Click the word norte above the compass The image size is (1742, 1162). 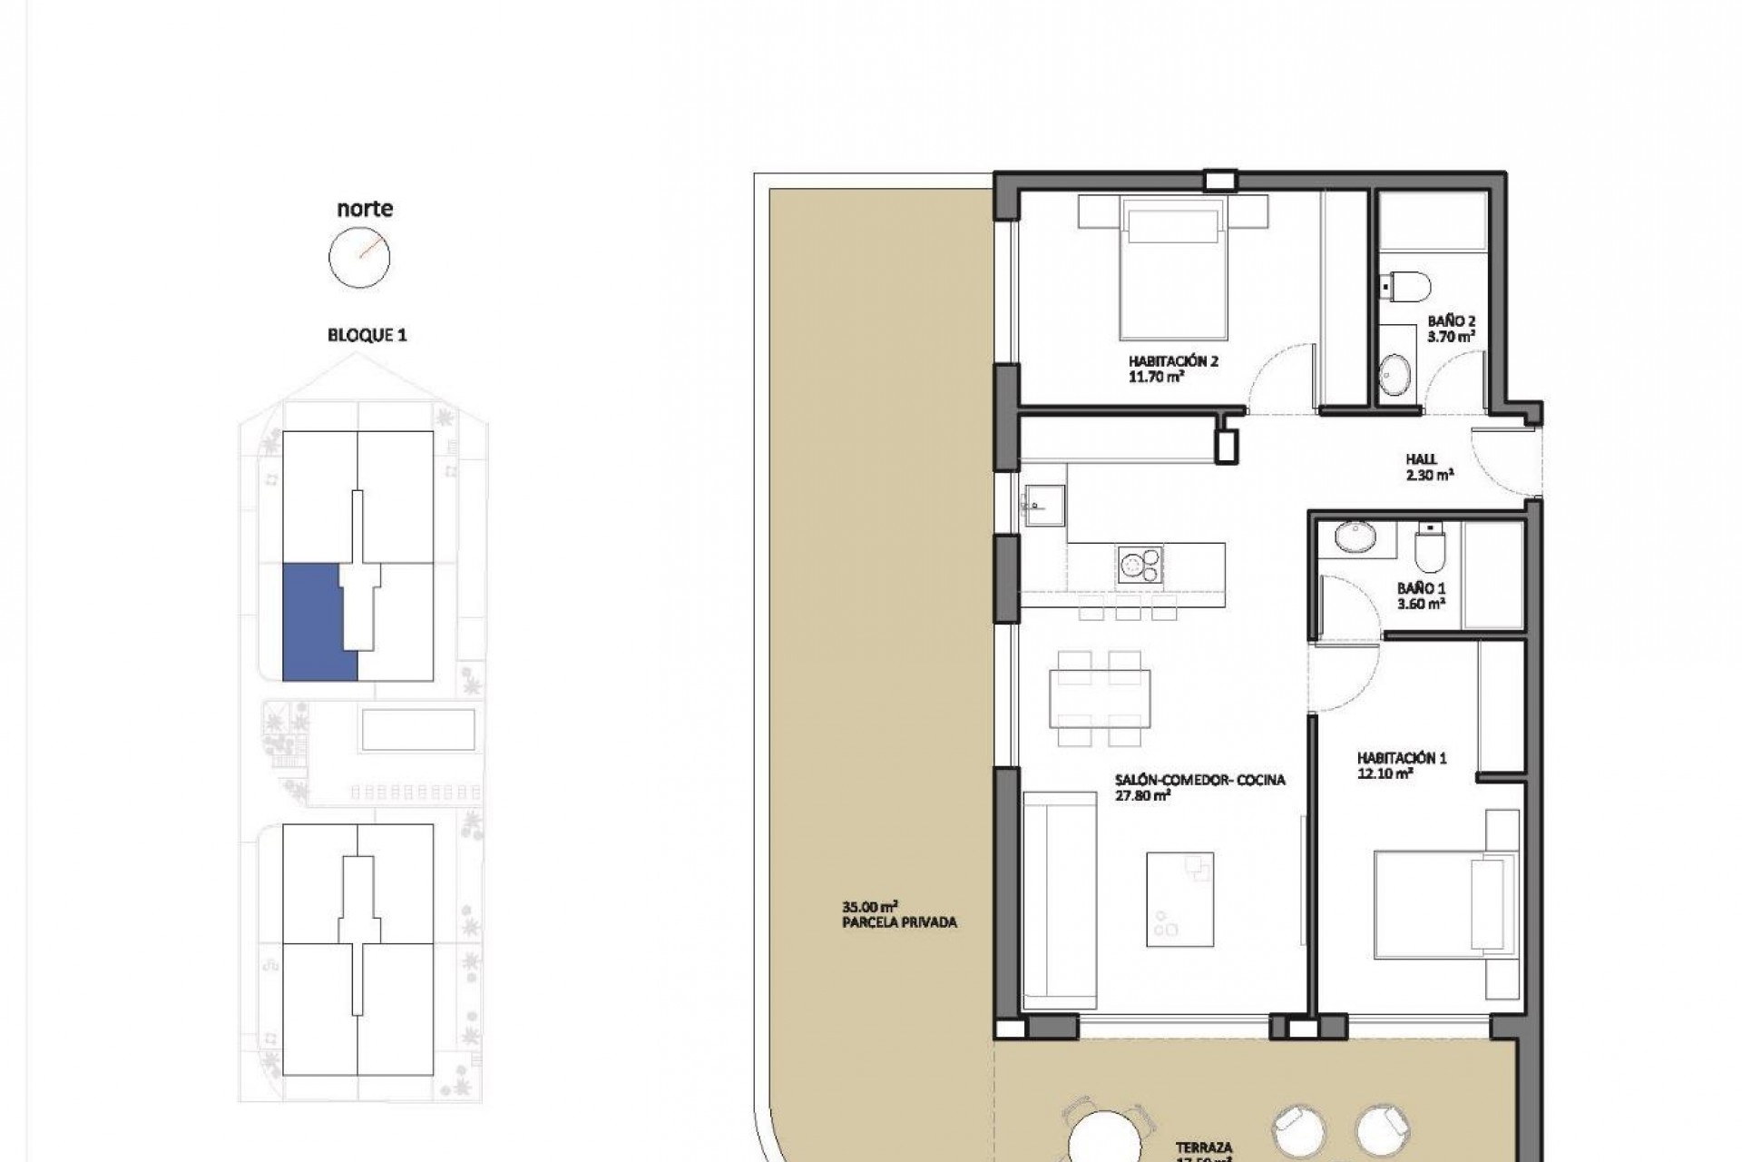(365, 208)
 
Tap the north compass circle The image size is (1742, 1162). (359, 258)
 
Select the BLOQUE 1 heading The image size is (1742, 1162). (367, 335)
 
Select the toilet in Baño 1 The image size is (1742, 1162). (1429, 544)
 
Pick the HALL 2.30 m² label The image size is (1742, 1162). (1428, 467)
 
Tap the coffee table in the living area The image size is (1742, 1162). (1179, 899)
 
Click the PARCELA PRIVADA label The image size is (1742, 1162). (898, 914)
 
